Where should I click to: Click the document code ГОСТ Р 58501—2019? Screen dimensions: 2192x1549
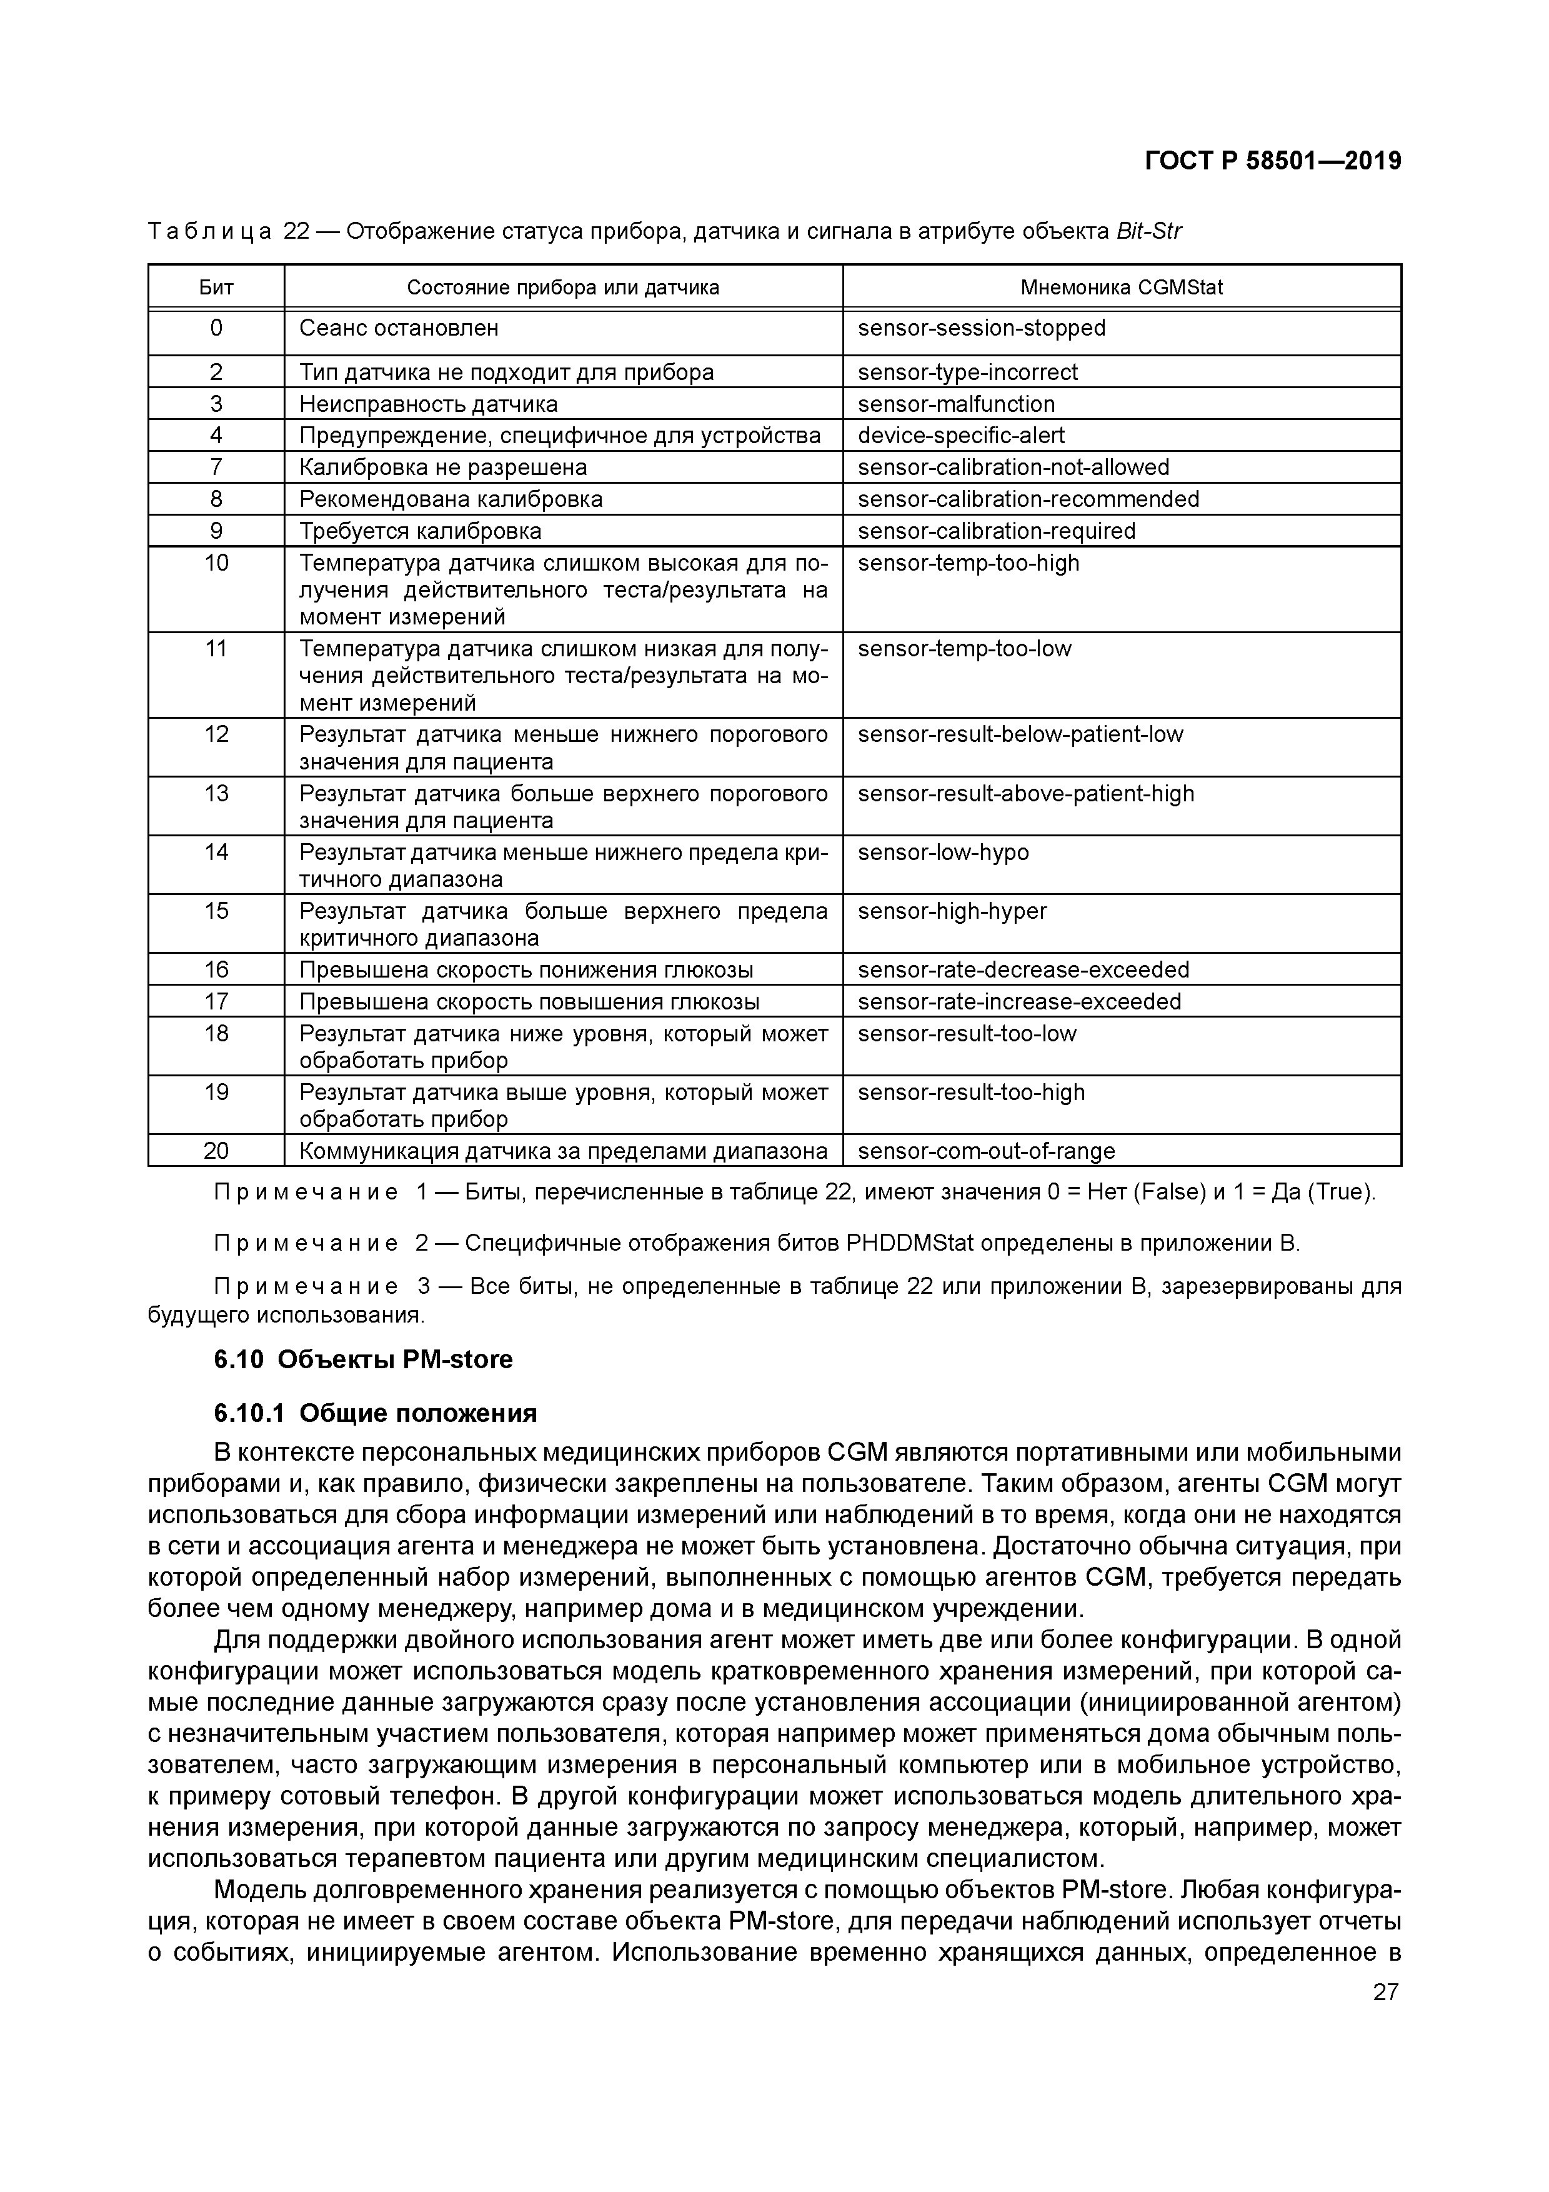(1272, 161)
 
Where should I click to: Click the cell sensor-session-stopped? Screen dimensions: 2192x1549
(981, 328)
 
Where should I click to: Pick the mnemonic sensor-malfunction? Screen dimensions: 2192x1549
(956, 404)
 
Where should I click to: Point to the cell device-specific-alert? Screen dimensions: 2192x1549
(961, 436)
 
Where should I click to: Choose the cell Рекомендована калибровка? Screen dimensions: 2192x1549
(451, 499)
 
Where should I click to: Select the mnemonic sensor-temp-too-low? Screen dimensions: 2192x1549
(964, 649)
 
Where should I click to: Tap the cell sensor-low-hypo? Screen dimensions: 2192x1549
(943, 853)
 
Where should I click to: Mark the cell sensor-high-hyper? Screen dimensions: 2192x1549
(952, 912)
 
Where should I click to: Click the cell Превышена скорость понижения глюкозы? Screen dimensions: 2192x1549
(526, 970)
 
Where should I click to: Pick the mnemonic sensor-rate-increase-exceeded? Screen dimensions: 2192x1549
(1019, 1001)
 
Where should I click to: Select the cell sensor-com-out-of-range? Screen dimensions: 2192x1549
(986, 1151)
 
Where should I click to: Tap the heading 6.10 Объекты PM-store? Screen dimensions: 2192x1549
(362, 1359)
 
